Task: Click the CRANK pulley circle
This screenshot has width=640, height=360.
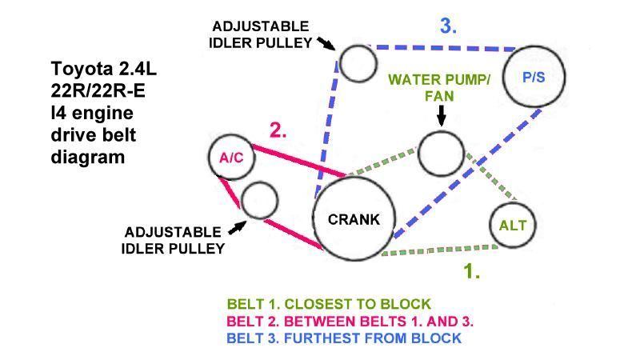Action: [353, 218]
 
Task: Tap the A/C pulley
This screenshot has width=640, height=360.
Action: [231, 157]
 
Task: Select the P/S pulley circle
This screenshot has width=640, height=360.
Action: [534, 78]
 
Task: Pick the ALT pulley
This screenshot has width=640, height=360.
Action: [513, 225]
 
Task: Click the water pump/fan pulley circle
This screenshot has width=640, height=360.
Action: [441, 152]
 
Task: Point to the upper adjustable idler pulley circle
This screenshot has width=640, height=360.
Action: [357, 62]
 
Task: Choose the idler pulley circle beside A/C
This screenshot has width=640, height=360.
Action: [259, 200]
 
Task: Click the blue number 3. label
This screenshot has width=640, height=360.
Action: [448, 25]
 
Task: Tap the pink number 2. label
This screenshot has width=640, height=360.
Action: [278, 130]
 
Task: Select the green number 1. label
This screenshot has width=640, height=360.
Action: [472, 270]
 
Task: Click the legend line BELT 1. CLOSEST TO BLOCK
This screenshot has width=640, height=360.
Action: [329, 304]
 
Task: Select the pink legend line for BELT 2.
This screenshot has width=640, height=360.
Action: [350, 322]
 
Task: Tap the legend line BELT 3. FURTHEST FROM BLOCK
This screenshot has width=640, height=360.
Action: [344, 338]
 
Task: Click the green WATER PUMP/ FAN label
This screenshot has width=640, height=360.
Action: [438, 87]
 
